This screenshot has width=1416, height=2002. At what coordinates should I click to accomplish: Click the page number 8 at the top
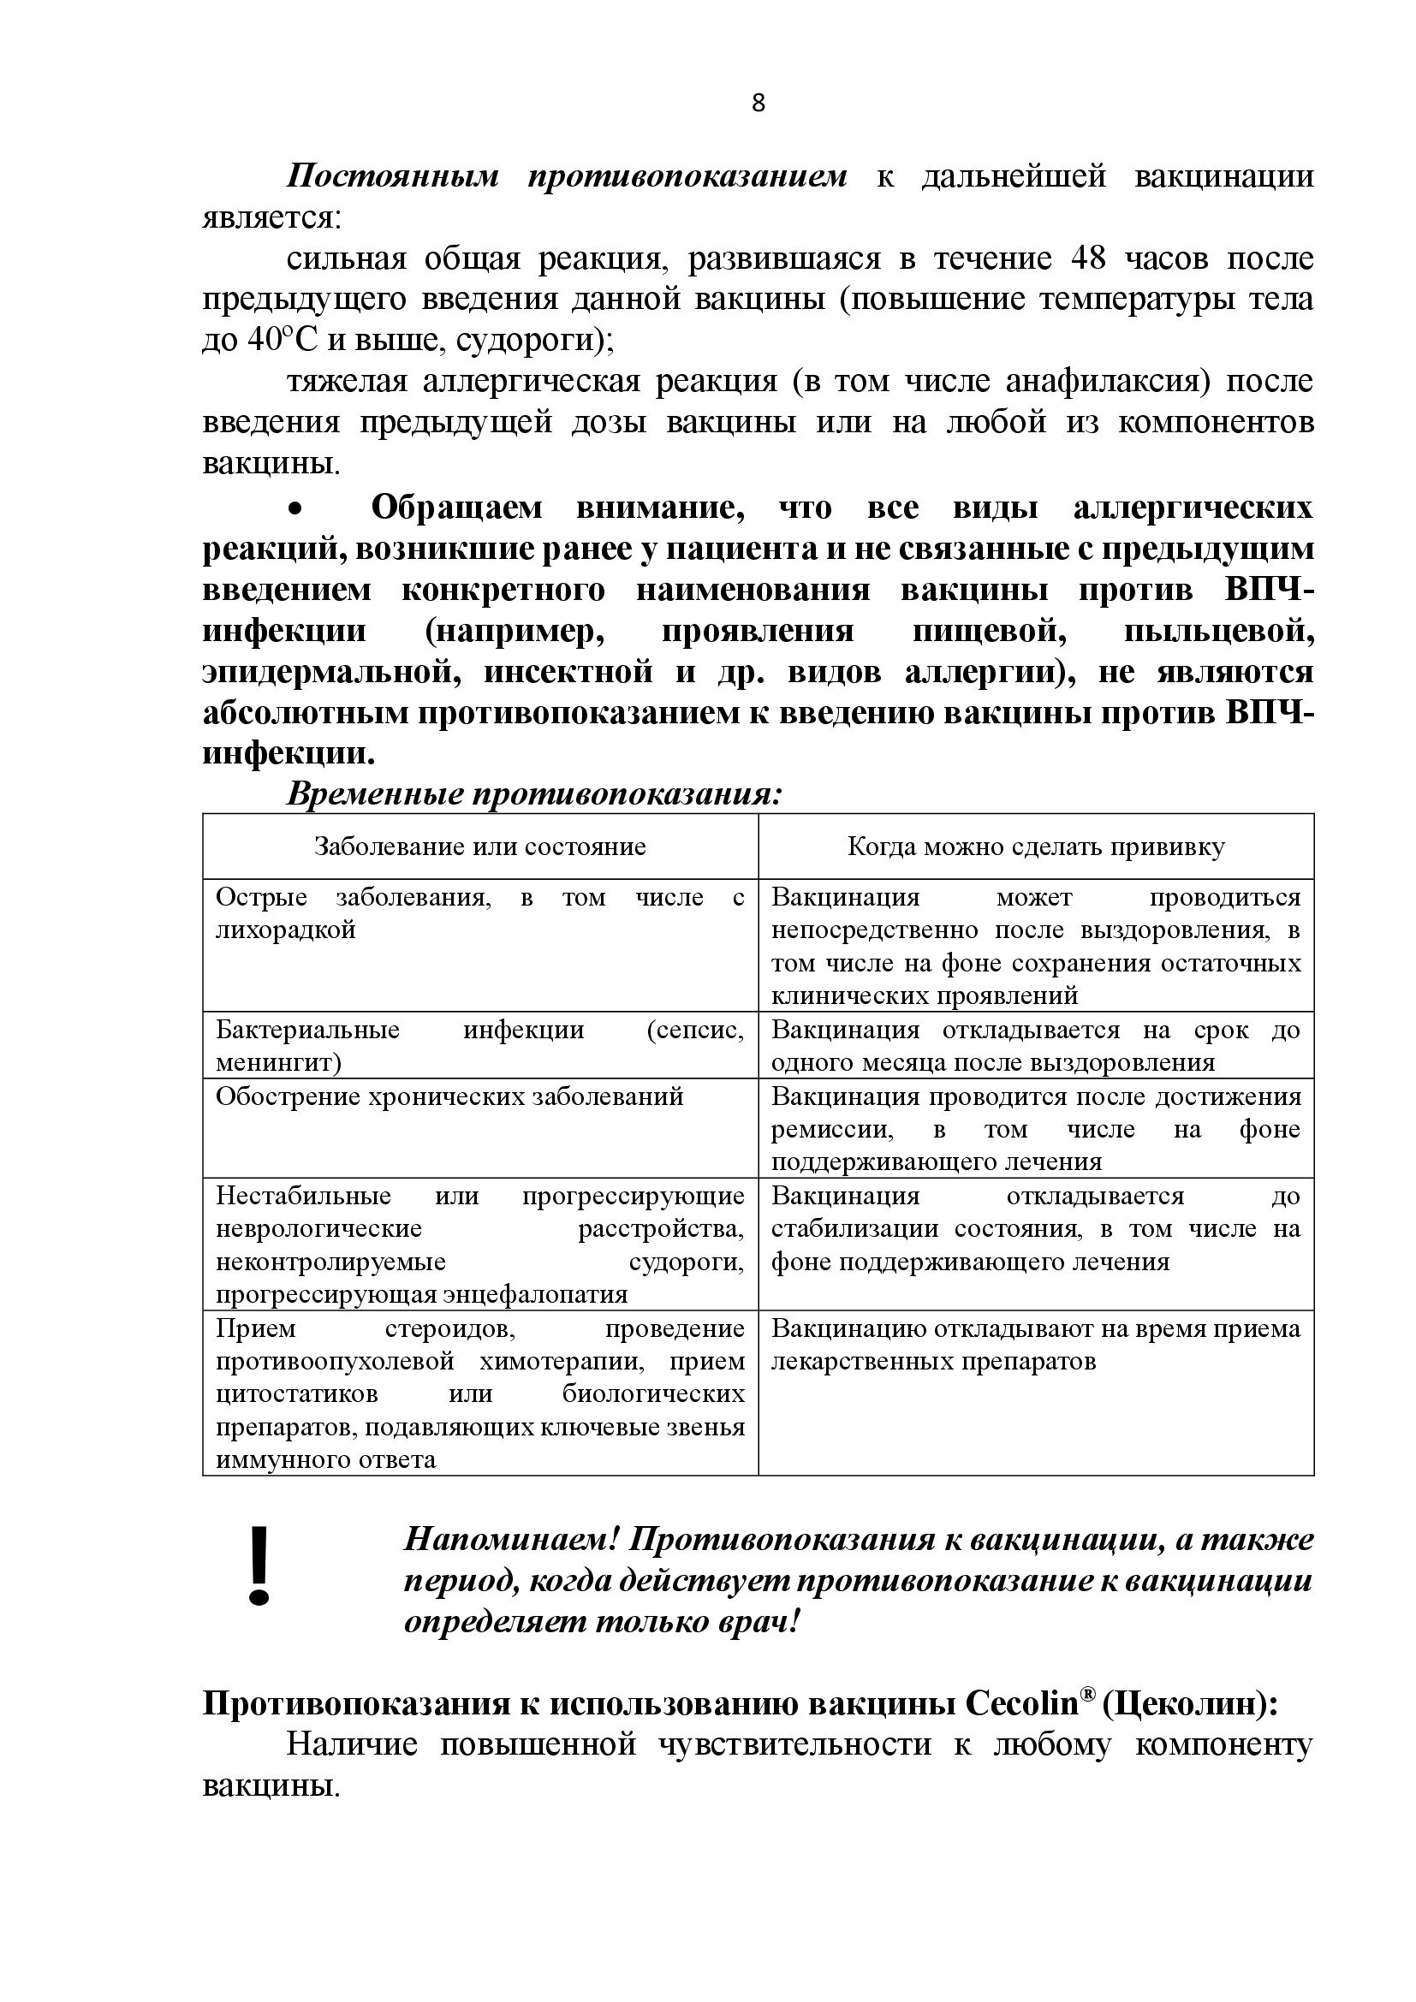(x=758, y=104)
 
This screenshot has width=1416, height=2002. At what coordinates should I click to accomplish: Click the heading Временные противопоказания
(x=533, y=794)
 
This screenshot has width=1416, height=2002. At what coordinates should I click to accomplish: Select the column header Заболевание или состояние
(x=479, y=847)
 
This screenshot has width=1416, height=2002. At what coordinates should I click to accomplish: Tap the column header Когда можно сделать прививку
(x=1036, y=847)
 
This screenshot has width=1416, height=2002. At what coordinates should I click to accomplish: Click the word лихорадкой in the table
(x=285, y=930)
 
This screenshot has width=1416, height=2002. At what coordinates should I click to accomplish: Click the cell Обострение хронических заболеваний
(x=449, y=1096)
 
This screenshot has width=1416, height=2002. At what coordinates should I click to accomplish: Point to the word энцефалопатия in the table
(x=535, y=1294)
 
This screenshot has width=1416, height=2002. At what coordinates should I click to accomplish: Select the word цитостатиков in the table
(x=296, y=1393)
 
